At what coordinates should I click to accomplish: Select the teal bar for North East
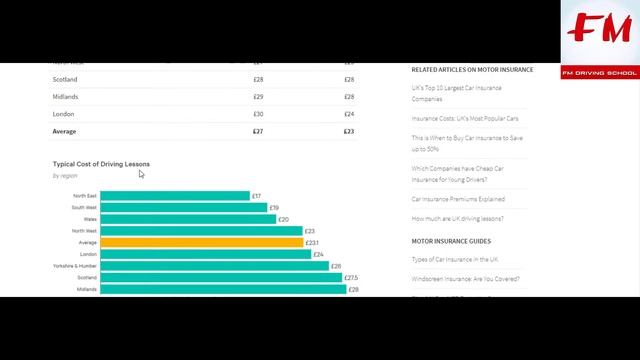point(175,196)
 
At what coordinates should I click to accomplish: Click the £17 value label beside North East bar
point(257,196)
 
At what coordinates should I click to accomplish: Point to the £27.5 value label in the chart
point(351,278)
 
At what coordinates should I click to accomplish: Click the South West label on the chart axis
point(85,208)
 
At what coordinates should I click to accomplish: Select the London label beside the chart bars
point(88,254)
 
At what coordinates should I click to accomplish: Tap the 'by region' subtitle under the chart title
point(65,176)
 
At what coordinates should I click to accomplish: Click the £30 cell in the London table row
point(258,114)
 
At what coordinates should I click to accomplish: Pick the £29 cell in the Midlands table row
point(258,97)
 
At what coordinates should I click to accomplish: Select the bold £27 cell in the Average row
point(258,131)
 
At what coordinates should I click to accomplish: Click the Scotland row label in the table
point(65,80)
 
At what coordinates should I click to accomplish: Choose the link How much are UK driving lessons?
point(458,218)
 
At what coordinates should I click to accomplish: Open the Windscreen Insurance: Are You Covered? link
point(466,278)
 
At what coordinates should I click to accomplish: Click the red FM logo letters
point(597,33)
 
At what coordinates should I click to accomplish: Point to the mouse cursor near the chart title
point(141,174)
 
